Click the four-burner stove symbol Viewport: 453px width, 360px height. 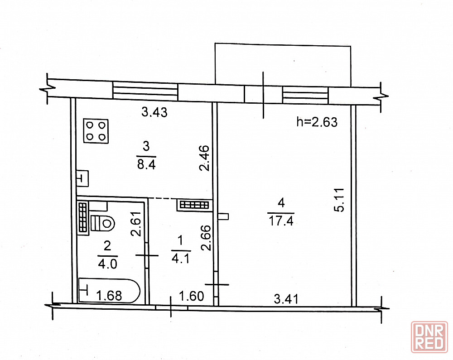click(x=96, y=131)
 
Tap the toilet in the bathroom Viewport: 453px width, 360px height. click(x=103, y=223)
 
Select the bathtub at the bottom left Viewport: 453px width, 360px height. click(x=109, y=290)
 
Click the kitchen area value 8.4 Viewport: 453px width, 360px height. click(x=146, y=165)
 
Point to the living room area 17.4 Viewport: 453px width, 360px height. click(x=281, y=221)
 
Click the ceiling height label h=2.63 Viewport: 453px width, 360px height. click(x=317, y=122)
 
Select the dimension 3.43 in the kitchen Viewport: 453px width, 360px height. click(x=154, y=112)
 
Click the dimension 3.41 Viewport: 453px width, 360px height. click(x=286, y=299)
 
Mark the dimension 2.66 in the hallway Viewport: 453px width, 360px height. click(x=206, y=238)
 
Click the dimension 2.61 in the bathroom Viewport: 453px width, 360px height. click(x=136, y=224)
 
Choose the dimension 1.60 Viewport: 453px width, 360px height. click(x=192, y=296)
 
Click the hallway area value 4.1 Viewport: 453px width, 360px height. click(x=181, y=259)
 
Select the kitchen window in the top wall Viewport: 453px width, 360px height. click(x=145, y=91)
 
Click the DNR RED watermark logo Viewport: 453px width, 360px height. click(x=429, y=337)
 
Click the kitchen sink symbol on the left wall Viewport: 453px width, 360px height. click(x=82, y=178)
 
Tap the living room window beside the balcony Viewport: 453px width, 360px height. click(x=305, y=95)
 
